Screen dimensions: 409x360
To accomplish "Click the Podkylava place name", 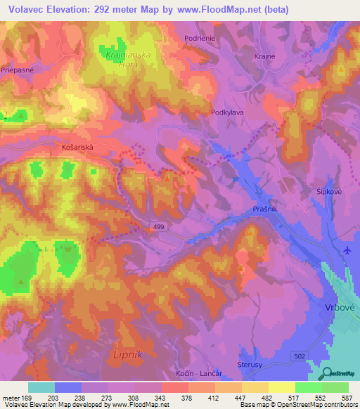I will pos(227,112).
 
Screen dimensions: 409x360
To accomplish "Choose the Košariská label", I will pos(74,148).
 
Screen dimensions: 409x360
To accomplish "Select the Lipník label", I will pos(128,355).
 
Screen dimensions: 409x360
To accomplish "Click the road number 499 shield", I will pos(160,225).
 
